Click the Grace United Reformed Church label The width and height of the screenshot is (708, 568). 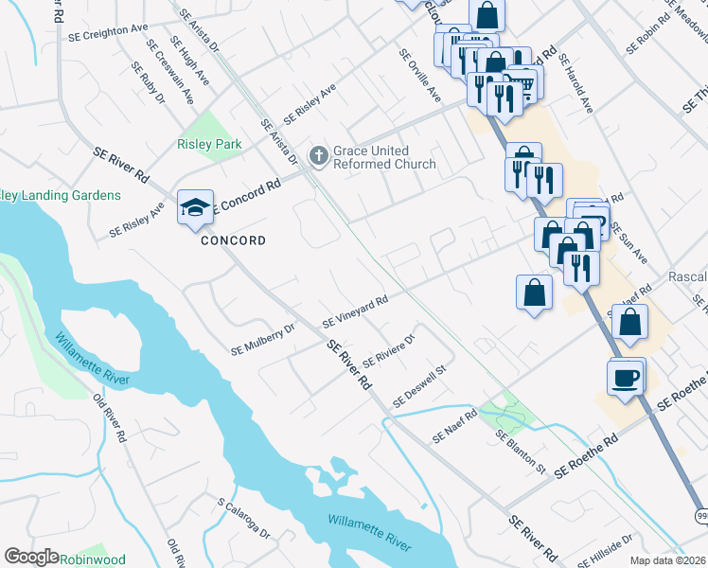384,157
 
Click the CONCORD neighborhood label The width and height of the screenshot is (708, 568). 233,240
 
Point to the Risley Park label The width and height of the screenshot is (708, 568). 209,145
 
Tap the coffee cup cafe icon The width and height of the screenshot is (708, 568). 625,377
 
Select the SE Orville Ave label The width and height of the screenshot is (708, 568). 420,76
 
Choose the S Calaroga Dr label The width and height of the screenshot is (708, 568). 243,519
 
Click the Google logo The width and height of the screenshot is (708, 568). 31,557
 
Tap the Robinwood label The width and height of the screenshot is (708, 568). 93,559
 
